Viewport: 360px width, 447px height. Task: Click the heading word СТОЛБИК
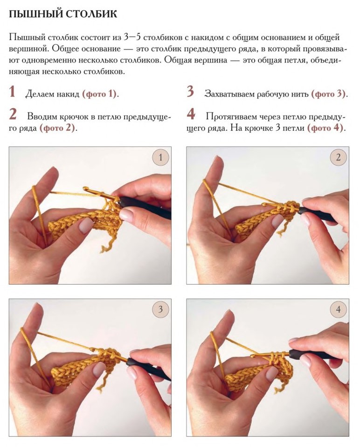click(x=90, y=14)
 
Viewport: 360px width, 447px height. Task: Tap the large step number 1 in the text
click(x=12, y=92)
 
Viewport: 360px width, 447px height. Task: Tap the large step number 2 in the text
click(x=13, y=114)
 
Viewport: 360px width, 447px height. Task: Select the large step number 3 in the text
click(x=190, y=92)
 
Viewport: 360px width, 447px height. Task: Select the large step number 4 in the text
click(x=191, y=114)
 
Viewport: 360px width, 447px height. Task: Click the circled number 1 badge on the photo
click(x=160, y=157)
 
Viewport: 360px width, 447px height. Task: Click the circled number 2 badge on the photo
click(x=338, y=157)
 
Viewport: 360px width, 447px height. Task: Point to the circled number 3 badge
click(x=160, y=309)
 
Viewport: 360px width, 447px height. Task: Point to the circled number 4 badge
click(x=338, y=309)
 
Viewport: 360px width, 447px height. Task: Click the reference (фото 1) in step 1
click(x=99, y=94)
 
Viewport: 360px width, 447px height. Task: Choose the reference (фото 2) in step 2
click(x=57, y=128)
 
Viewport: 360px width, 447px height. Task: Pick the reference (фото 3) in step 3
click(x=328, y=94)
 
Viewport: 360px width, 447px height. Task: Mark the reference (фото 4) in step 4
click(x=325, y=128)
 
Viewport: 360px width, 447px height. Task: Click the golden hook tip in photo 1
click(x=85, y=188)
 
